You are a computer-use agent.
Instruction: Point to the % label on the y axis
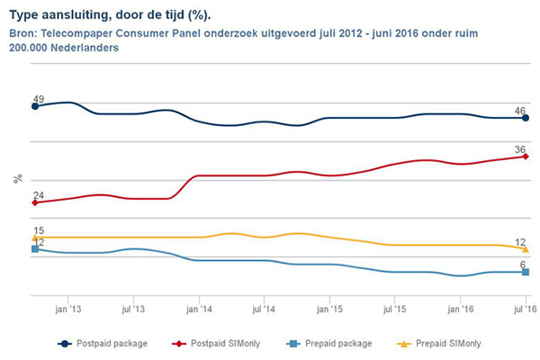(17, 179)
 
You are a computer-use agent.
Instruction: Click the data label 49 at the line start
(39, 98)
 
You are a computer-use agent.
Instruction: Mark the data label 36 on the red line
(520, 149)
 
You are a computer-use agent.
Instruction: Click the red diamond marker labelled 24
(35, 202)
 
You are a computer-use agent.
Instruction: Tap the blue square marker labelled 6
(526, 272)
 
